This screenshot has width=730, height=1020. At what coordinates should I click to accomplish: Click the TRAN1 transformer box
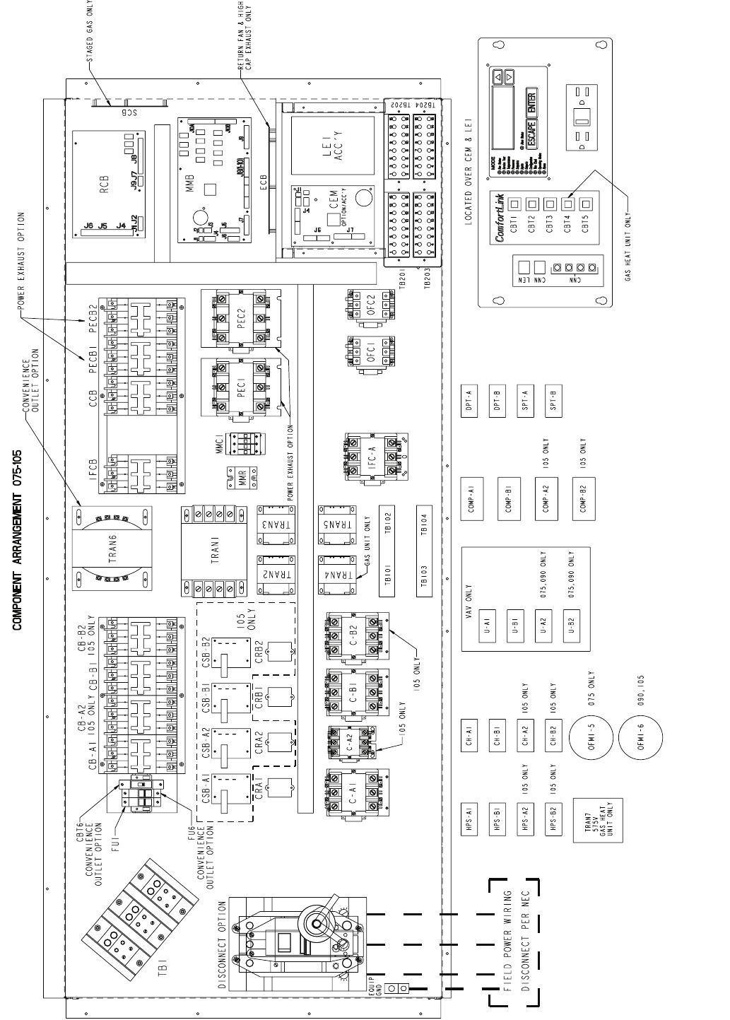click(214, 549)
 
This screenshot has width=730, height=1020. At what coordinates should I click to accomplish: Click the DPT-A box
click(469, 402)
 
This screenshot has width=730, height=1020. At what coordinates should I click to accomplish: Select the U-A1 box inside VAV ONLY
click(487, 624)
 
